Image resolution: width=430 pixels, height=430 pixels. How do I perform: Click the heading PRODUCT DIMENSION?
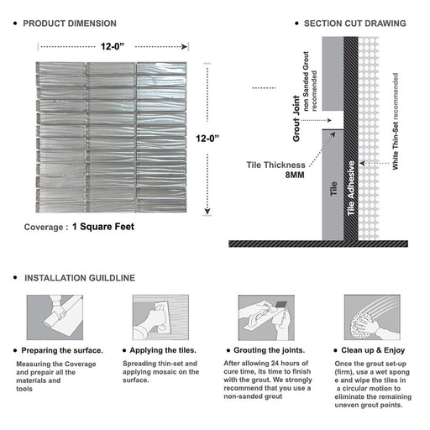click(70, 24)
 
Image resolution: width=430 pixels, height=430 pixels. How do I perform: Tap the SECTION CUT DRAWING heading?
click(355, 24)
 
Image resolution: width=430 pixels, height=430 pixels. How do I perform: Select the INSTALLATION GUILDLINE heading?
click(80, 278)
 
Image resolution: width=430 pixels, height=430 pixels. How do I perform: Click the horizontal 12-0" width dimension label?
click(113, 46)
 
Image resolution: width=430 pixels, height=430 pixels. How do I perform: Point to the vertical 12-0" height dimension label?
click(207, 139)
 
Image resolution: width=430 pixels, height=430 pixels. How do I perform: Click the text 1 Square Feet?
click(103, 227)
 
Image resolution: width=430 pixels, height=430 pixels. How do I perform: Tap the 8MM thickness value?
click(295, 175)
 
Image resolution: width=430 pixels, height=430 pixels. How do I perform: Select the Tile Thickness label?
click(275, 165)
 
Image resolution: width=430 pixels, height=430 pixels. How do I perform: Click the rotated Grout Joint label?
click(296, 118)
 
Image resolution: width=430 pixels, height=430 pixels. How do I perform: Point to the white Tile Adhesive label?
click(351, 188)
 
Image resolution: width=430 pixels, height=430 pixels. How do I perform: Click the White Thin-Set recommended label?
click(396, 121)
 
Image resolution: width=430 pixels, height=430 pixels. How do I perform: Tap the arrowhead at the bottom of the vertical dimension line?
click(207, 211)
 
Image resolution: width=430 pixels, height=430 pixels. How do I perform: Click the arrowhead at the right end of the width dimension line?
click(185, 46)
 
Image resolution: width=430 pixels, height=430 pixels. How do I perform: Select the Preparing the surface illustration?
click(55, 317)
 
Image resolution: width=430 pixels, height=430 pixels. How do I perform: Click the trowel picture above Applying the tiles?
click(160, 317)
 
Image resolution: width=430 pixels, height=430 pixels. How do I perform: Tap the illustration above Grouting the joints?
click(266, 317)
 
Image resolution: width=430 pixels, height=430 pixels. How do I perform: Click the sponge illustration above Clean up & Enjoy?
click(372, 317)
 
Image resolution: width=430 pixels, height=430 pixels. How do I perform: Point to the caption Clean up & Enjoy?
click(373, 350)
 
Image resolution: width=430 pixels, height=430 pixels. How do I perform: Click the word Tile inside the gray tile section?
click(333, 188)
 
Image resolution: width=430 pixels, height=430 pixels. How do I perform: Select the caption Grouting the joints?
click(270, 350)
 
